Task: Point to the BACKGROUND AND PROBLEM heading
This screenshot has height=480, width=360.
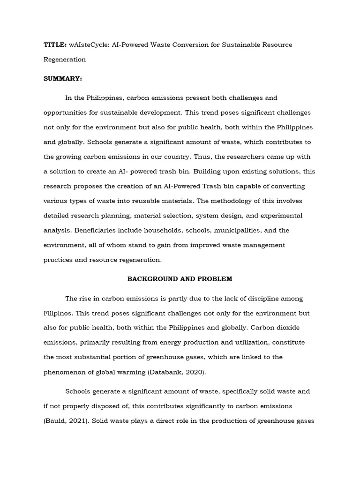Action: (180, 279)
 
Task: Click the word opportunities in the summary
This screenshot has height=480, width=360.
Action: (67, 112)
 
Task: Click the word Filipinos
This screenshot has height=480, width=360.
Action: (59, 313)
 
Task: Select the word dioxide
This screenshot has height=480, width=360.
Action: (298, 328)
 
